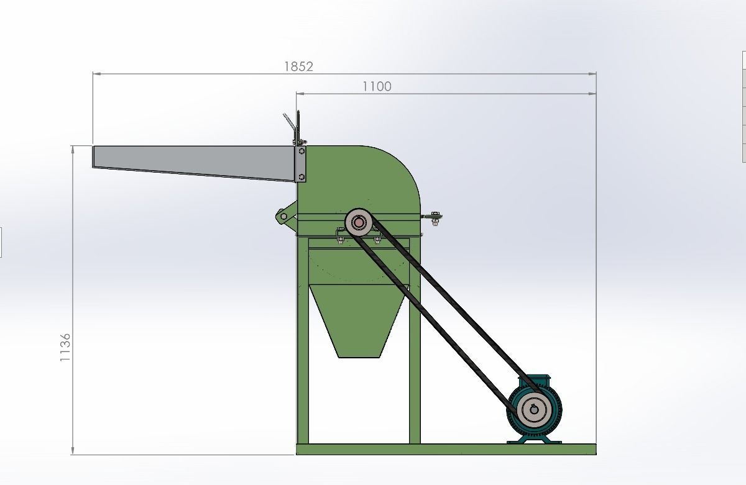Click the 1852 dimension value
[298, 66]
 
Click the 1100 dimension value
[377, 86]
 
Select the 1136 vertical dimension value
[65, 348]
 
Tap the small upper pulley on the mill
[359, 222]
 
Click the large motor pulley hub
[534, 409]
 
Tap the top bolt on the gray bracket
[302, 151]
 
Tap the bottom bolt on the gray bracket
[302, 178]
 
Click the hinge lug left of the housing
[283, 216]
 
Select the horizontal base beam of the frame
[445, 450]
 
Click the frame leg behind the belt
[415, 373]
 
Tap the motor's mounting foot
[535, 441]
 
